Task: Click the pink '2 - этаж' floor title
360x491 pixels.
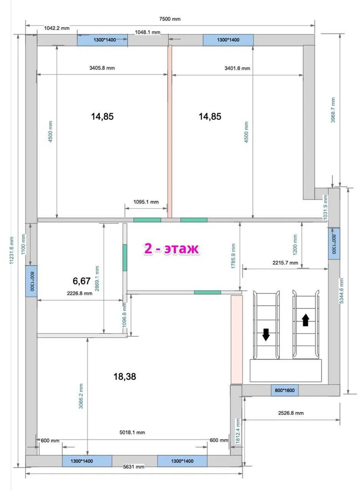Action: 171,249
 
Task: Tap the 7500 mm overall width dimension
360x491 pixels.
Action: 170,19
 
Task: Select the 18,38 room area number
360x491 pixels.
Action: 125,376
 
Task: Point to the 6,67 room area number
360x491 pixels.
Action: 82,281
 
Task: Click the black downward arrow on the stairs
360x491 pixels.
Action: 266,335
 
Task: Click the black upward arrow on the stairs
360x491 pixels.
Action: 306,320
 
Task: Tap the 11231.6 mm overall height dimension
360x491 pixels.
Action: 11,250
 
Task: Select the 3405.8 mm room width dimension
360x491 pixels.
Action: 102,68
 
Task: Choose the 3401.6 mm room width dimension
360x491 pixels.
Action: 237,68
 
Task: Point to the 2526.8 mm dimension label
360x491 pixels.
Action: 291,413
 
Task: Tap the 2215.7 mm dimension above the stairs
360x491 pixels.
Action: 285,263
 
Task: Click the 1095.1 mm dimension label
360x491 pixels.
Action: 146,202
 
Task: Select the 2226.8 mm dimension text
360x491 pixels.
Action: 79,293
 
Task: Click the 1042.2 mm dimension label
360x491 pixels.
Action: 57,28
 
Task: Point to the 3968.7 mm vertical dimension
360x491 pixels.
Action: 333,110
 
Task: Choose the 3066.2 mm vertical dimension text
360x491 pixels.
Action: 81,396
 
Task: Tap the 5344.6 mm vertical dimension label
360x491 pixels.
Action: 341,291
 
